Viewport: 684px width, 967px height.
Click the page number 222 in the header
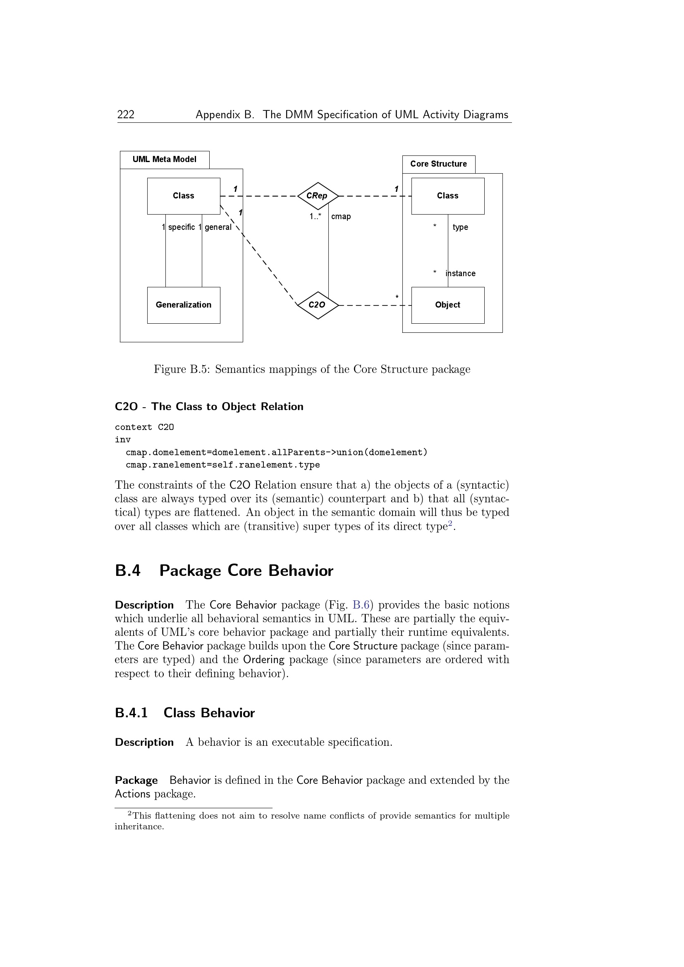[x=126, y=115]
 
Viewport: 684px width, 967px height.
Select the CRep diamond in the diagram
[x=318, y=196]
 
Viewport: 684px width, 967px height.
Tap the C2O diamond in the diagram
[x=318, y=305]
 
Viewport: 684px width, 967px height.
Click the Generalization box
[x=183, y=305]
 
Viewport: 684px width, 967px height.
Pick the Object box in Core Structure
[x=447, y=305]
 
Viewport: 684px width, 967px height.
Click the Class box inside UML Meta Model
[x=183, y=196]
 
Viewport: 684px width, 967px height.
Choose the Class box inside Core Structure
[x=447, y=196]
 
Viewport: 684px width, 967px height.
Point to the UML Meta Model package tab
[x=164, y=160]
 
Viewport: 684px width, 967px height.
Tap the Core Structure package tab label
[x=438, y=164]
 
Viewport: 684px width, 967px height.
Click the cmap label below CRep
[x=341, y=217]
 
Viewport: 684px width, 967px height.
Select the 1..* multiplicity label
[x=315, y=217]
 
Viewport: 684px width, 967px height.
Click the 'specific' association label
[x=181, y=227]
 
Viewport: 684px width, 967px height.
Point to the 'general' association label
[x=218, y=227]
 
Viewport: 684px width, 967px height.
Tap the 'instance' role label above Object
[x=460, y=274]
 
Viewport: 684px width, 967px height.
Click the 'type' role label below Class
[x=460, y=227]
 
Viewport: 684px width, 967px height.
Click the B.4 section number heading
[x=128, y=571]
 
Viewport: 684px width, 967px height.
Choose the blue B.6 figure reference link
[x=361, y=605]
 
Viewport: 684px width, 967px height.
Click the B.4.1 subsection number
[x=131, y=713]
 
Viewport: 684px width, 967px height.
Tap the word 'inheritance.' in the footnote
[x=139, y=826]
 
